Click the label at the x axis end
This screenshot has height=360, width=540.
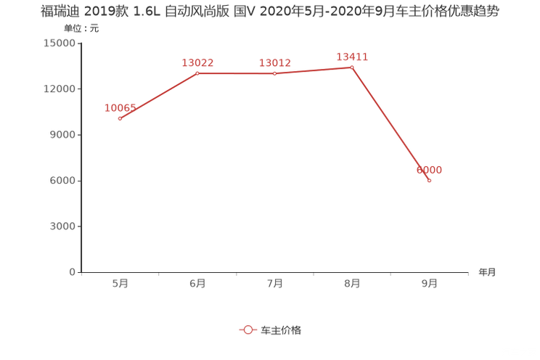[487, 273]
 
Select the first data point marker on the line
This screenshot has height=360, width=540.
[120, 118]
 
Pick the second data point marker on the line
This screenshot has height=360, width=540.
[197, 73]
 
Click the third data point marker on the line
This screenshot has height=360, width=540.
[274, 73]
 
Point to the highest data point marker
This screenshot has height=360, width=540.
[352, 67]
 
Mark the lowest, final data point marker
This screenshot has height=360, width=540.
[430, 180]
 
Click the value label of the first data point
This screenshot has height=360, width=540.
[120, 107]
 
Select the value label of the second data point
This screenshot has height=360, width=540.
[197, 62]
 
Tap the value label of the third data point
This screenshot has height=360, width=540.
[274, 62]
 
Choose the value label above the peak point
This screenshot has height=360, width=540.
[352, 56]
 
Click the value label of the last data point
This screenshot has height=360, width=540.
[430, 169]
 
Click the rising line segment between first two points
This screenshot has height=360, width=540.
[158, 96]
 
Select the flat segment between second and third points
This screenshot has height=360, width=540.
[236, 73]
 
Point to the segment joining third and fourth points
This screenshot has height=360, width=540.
[314, 70]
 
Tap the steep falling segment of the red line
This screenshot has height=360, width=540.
[390, 123]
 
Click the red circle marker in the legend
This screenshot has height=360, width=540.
[248, 330]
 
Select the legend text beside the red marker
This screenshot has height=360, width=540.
[281, 330]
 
